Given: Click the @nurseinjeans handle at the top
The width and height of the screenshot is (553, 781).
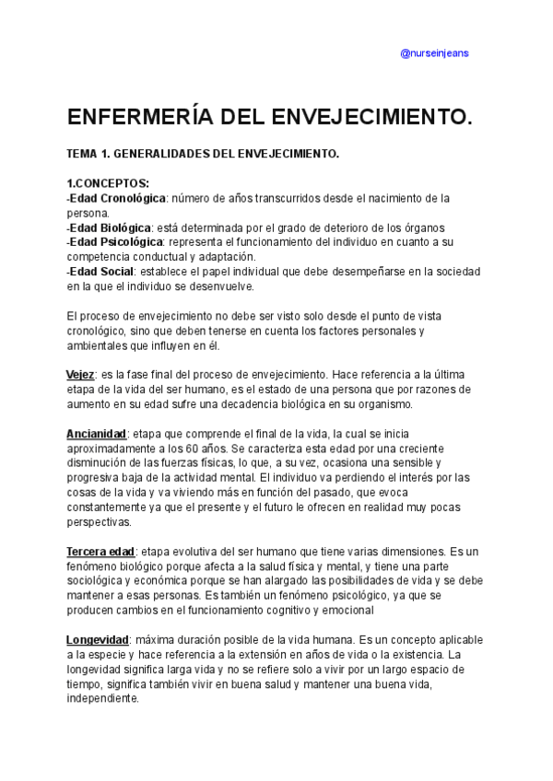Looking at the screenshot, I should [x=434, y=53].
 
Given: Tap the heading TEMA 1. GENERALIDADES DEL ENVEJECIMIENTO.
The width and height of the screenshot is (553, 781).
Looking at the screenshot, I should [x=203, y=154].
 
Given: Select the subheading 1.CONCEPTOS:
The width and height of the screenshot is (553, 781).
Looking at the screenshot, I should [x=108, y=183].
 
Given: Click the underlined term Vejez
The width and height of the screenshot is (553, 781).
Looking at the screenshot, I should [x=81, y=375].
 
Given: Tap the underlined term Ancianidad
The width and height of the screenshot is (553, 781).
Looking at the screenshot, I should [x=96, y=434].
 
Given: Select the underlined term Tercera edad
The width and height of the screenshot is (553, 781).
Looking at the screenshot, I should [x=100, y=551].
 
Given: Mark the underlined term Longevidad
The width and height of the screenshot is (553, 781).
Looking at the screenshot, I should [x=98, y=640].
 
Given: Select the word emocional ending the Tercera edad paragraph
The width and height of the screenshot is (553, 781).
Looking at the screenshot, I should [x=344, y=610].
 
